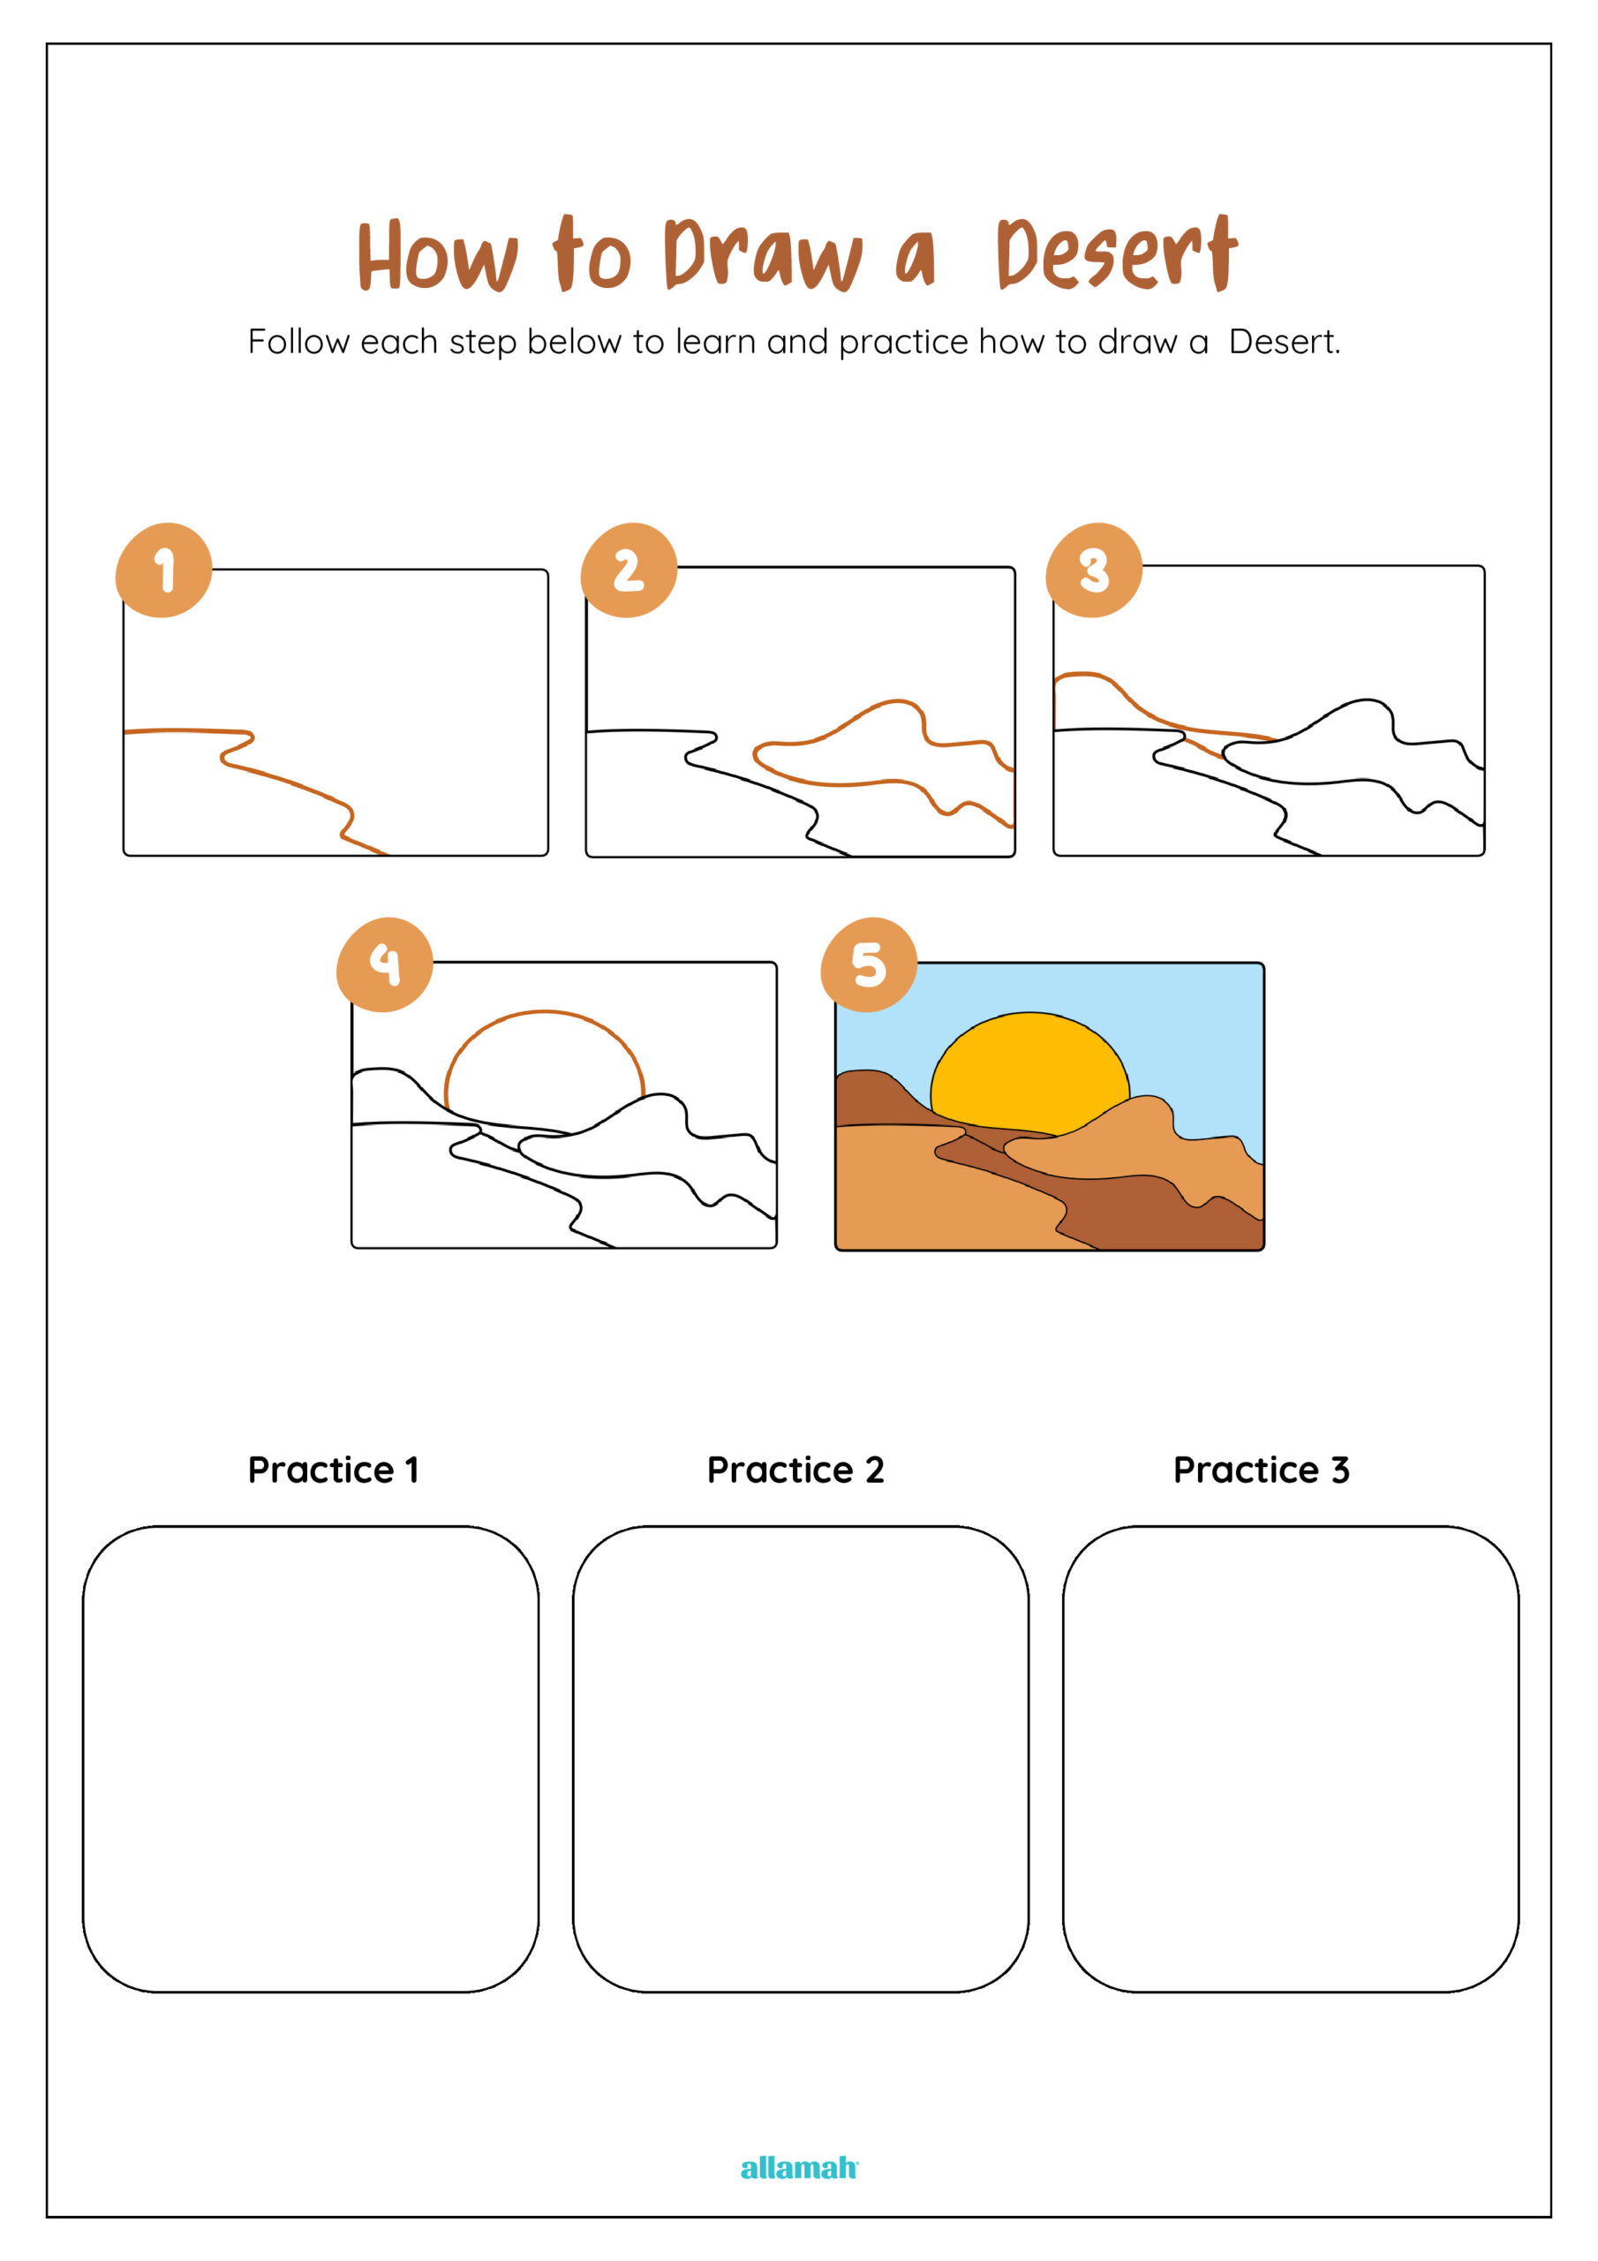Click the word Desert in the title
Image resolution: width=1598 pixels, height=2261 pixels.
pyautogui.click(x=1117, y=254)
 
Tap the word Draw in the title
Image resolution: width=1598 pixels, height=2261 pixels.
pyautogui.click(x=763, y=254)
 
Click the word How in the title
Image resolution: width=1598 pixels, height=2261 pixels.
pyautogui.click(x=437, y=256)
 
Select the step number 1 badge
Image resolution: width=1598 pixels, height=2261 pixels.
pyautogui.click(x=164, y=571)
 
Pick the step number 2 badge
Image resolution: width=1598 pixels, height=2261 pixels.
pyautogui.click(x=629, y=571)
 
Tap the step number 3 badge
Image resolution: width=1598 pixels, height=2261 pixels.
pyautogui.click(x=1094, y=571)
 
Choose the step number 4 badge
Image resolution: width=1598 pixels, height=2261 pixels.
pyautogui.click(x=385, y=964)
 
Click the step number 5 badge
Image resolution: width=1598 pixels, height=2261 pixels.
pyautogui.click(x=870, y=964)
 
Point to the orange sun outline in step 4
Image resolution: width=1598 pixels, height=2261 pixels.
pyautogui.click(x=545, y=1011)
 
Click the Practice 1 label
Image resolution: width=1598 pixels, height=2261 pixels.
pyautogui.click(x=333, y=1470)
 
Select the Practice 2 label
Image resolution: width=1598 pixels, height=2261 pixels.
pyautogui.click(x=795, y=1470)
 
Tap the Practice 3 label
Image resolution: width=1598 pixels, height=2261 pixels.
pyautogui.click(x=1262, y=1470)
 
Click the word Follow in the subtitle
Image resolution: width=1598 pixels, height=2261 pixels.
pyautogui.click(x=298, y=342)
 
